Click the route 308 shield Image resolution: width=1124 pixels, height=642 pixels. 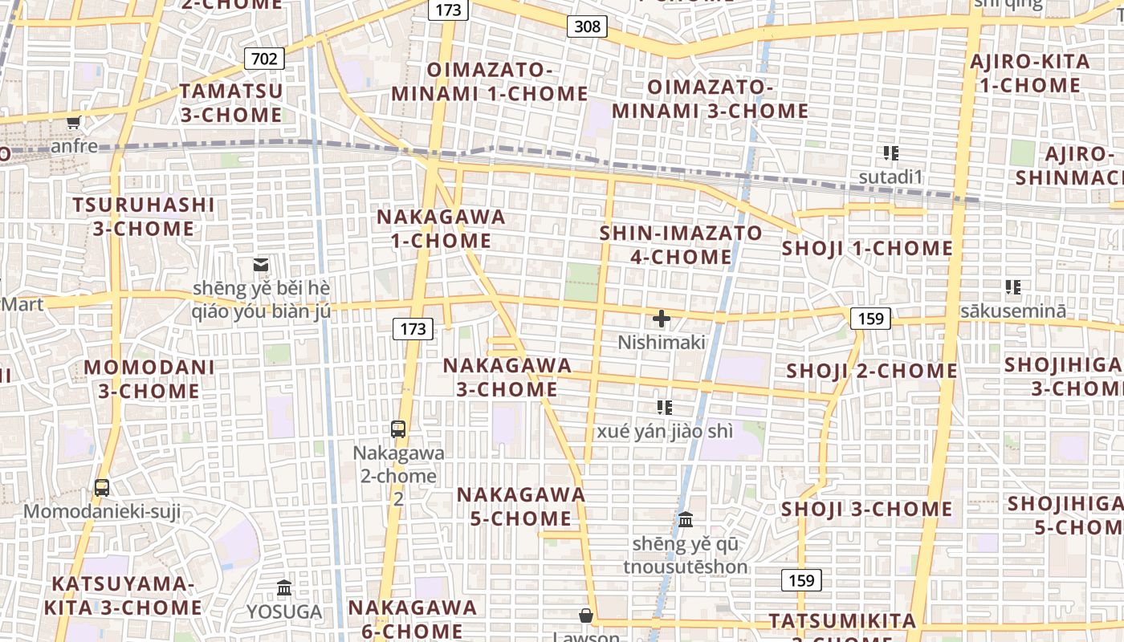[x=587, y=26]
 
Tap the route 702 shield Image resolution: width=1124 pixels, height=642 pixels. [x=263, y=59]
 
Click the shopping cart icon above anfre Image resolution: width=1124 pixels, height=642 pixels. [x=74, y=122]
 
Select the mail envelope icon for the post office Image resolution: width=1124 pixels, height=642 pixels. [x=261, y=264]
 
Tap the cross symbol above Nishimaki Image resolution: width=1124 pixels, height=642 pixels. [x=662, y=319]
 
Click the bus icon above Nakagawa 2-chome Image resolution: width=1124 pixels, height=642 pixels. [x=398, y=429]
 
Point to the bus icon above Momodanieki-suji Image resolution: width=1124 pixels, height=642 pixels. [x=102, y=487]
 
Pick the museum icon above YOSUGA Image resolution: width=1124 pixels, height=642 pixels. [x=283, y=588]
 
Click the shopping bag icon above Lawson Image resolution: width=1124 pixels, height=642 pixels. [x=586, y=616]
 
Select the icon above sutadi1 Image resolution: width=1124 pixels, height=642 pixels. [x=890, y=152]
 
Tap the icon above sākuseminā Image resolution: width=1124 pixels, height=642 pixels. [x=1013, y=286]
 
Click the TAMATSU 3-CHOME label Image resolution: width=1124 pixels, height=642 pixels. [x=231, y=103]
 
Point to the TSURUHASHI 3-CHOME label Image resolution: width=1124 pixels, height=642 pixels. [x=144, y=217]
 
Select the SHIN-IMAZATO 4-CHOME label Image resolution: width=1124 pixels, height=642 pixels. [x=682, y=245]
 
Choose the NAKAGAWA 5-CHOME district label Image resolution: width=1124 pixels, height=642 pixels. [x=521, y=506]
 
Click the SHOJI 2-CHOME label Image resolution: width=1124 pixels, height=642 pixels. [x=872, y=371]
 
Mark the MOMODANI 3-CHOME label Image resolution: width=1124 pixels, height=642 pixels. [x=149, y=380]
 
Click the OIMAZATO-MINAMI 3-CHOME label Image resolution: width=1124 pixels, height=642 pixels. [x=710, y=99]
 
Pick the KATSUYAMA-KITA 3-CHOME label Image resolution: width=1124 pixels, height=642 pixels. [x=123, y=595]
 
